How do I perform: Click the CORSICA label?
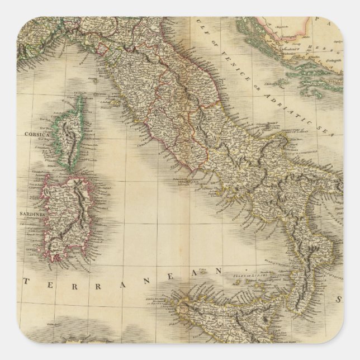pos(37,135)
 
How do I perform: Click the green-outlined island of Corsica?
pos(72,137)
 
